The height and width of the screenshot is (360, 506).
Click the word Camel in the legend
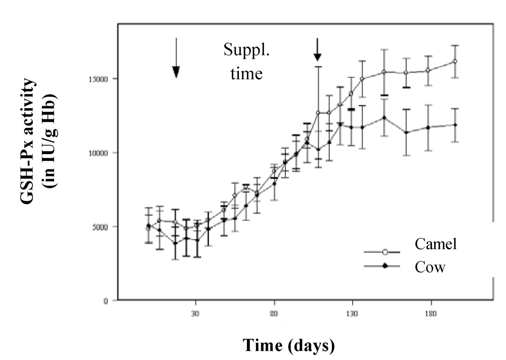point(436,244)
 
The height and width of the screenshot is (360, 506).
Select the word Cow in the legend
point(430,266)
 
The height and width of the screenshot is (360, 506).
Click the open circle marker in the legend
point(385,252)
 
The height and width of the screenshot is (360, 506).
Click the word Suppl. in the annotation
point(246,51)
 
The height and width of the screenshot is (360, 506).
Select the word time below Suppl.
point(246,74)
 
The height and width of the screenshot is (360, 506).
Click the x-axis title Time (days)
point(289,345)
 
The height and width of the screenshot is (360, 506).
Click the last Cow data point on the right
point(455,125)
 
